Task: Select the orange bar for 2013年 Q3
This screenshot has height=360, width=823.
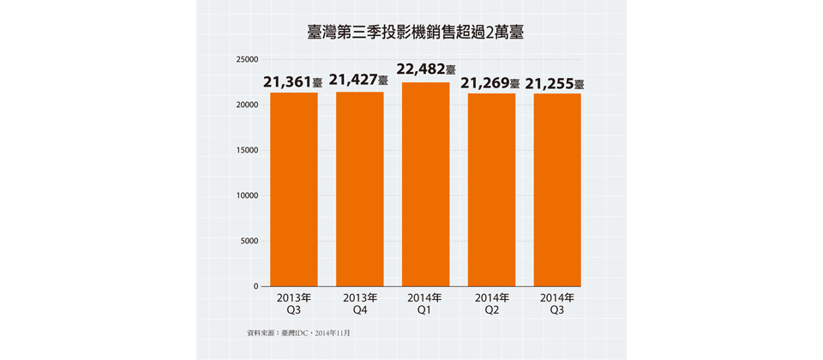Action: click(294, 189)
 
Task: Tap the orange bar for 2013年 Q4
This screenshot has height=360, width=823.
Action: click(360, 189)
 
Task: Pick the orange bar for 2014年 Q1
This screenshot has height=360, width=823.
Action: click(426, 184)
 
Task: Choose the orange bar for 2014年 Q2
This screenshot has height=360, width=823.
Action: click(491, 189)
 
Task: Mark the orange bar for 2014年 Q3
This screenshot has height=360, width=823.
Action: click(557, 189)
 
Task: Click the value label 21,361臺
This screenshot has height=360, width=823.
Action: click(293, 83)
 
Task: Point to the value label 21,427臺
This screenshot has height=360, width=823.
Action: click(358, 81)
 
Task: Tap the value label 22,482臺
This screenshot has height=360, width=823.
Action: click(426, 69)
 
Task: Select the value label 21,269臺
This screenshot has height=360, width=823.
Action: click(490, 84)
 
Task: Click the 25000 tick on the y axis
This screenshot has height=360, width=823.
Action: click(247, 60)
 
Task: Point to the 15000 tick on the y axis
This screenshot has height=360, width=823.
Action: click(247, 150)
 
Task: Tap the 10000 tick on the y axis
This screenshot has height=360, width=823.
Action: click(247, 195)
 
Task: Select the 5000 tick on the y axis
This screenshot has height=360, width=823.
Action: click(249, 241)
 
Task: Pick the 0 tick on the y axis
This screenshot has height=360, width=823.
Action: click(255, 286)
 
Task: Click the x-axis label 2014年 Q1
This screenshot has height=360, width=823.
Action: click(424, 304)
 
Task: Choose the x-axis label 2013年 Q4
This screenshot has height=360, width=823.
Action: click(359, 304)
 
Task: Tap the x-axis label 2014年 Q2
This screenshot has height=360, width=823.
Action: click(491, 304)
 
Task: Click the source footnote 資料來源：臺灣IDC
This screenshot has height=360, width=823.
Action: click(298, 332)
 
